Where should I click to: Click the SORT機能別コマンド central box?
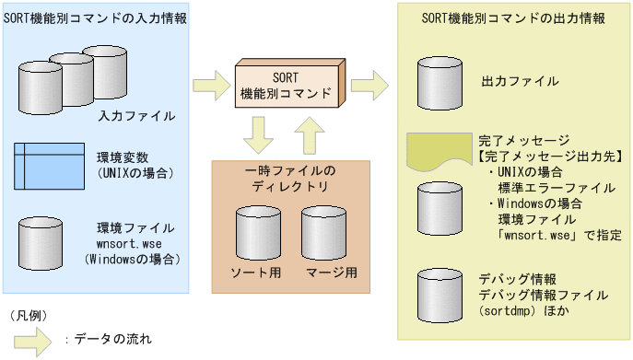click(x=287, y=85)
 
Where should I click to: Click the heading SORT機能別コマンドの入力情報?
click(x=96, y=18)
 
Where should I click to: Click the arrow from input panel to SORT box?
click(x=209, y=86)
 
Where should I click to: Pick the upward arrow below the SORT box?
click(x=310, y=138)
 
